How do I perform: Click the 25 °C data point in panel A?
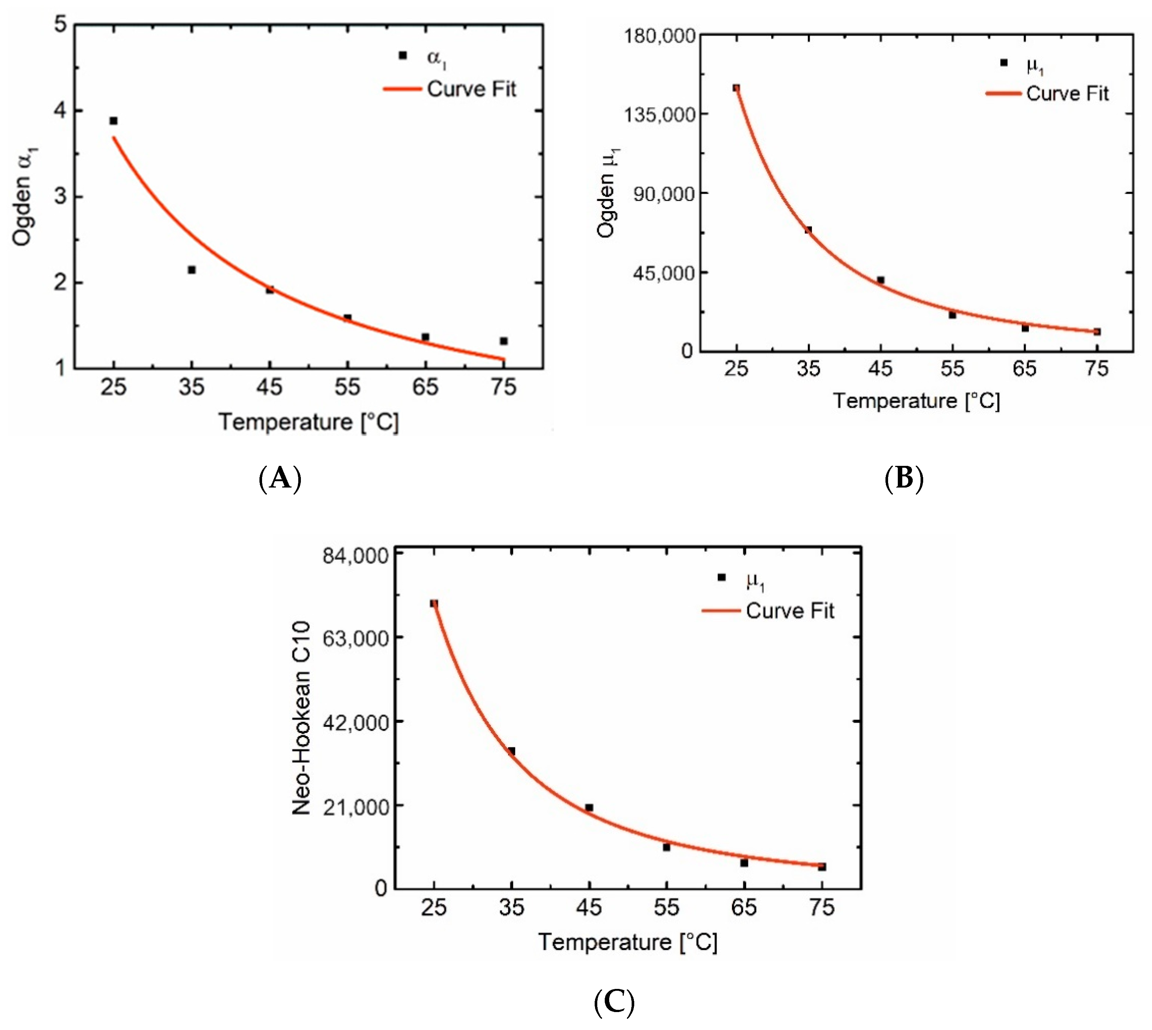click(x=114, y=121)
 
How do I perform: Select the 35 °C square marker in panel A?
click(x=192, y=270)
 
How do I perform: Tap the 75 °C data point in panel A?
click(x=503, y=341)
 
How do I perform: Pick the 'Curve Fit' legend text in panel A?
click(x=471, y=89)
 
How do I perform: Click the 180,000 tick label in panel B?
click(x=659, y=35)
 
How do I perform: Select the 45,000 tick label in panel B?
click(x=663, y=273)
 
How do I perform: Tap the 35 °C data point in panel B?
click(x=808, y=230)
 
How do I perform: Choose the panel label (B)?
click(x=903, y=478)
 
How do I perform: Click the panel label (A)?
click(x=280, y=478)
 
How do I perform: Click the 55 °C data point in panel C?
click(x=666, y=847)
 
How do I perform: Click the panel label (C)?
click(x=614, y=1002)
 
